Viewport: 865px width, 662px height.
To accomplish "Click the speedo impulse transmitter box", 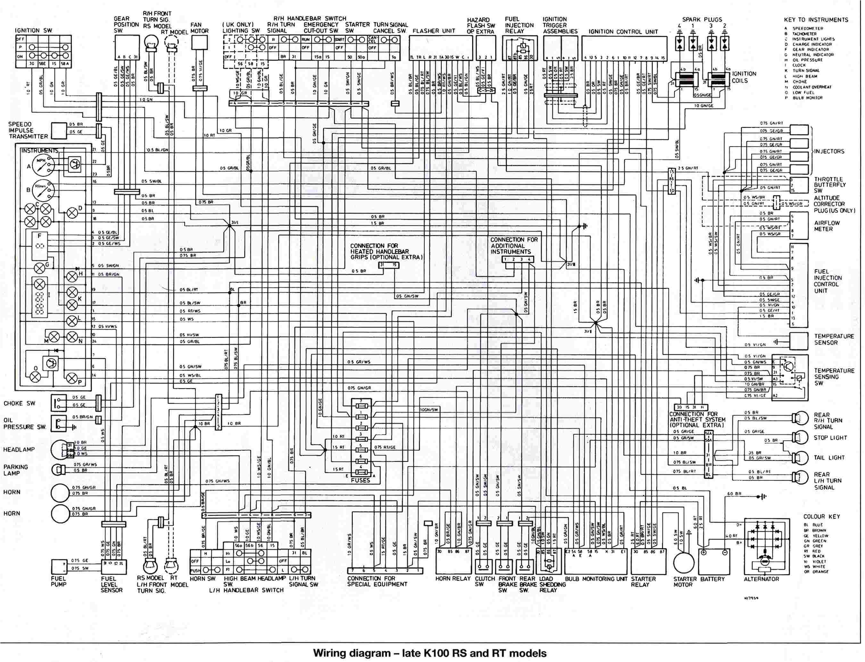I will pos(59,130).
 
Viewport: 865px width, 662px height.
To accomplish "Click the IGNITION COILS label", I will pos(744,77).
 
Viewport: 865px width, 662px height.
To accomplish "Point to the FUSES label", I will pos(360,480).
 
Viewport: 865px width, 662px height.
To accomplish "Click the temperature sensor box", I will pos(798,341).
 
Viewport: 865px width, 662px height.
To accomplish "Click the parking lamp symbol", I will pos(57,469).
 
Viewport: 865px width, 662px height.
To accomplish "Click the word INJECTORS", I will pos(829,151).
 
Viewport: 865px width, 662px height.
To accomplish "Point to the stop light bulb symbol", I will pos(798,437).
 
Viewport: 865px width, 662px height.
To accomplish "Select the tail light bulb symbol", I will pos(798,457).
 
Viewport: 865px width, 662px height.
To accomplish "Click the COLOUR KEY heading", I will pos(822,517).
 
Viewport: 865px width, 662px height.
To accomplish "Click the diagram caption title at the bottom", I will pos(430,653).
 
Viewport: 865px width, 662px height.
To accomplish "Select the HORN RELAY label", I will pos(453,579).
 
